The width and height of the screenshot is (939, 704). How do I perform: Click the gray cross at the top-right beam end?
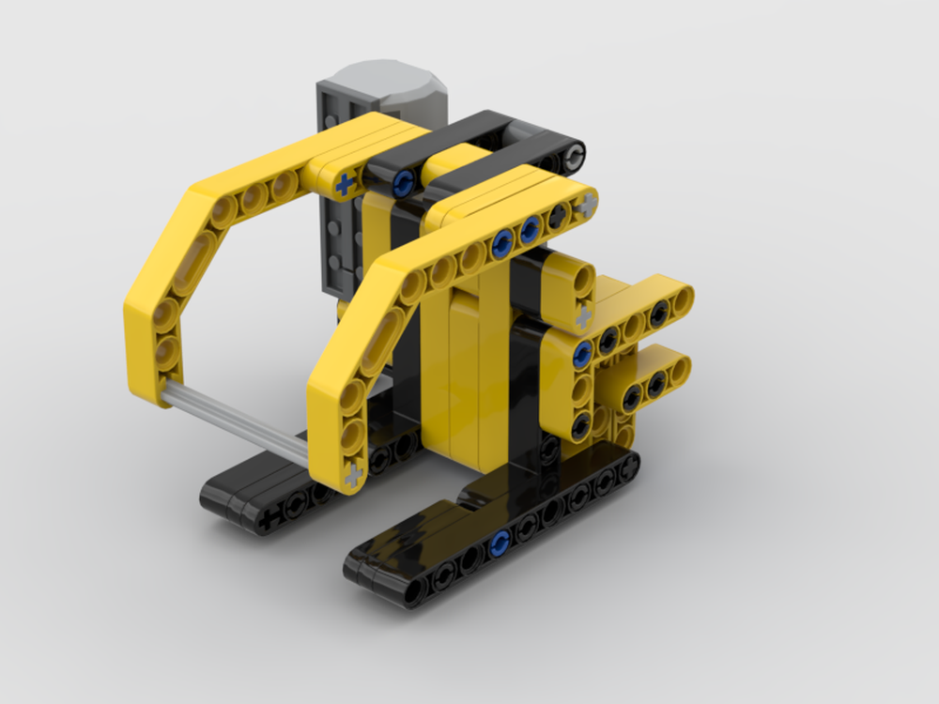pyautogui.click(x=588, y=200)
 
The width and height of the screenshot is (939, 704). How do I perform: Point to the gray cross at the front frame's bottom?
pyautogui.click(x=353, y=475)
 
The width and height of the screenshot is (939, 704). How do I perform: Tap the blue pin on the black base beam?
pyautogui.click(x=500, y=541)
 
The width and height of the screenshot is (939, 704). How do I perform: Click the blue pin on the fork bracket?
pyautogui.click(x=582, y=352)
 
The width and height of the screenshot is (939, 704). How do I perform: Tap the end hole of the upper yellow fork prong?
pyautogui.click(x=681, y=299)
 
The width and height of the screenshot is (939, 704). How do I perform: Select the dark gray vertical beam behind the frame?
pyautogui.click(x=338, y=235)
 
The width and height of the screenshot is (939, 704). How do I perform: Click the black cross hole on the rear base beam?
pyautogui.click(x=269, y=518)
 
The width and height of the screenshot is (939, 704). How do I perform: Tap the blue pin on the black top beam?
pyautogui.click(x=406, y=180)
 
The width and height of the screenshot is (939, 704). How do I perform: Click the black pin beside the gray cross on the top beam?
pyautogui.click(x=561, y=215)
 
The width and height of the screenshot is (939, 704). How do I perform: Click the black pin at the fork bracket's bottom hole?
pyautogui.click(x=581, y=421)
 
